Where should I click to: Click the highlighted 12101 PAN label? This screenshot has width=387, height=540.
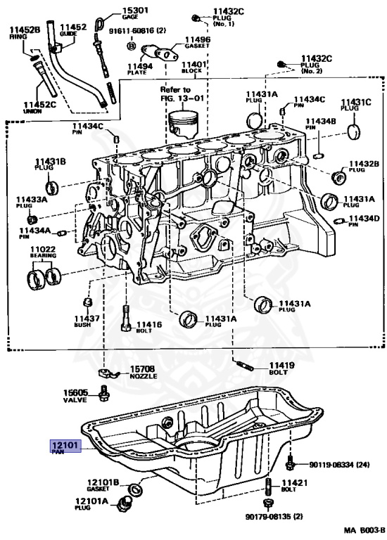point(66,446)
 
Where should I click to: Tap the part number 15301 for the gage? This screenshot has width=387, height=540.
point(135,11)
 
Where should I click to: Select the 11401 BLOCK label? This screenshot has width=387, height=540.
point(194,67)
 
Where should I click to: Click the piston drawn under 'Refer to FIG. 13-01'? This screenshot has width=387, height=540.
point(184,124)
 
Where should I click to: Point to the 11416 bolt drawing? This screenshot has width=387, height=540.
point(126,318)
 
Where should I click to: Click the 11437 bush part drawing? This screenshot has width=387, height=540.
point(88,303)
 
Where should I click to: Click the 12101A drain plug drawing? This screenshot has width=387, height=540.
point(125,504)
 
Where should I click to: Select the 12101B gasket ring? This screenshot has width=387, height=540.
point(135,489)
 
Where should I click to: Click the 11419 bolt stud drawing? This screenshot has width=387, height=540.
point(246,366)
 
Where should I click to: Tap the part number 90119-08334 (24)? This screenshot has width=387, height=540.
point(338,465)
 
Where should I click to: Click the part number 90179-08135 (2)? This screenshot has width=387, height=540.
point(274,517)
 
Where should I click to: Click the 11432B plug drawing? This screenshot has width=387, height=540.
point(338,176)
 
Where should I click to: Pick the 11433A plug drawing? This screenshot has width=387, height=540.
point(32,219)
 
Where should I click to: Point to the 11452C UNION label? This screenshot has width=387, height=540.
point(39,108)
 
